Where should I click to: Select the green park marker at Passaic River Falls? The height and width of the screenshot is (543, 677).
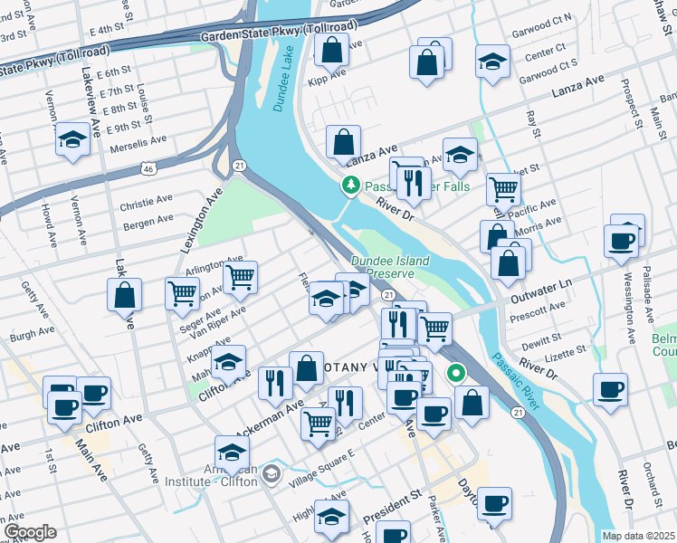tap(349, 186)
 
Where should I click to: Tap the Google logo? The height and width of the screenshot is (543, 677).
tap(29, 532)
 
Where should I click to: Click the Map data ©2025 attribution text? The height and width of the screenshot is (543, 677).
tap(638, 536)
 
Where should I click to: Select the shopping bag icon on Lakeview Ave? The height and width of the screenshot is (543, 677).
tap(124, 295)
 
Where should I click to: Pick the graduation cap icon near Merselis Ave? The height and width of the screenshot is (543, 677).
tap(72, 141)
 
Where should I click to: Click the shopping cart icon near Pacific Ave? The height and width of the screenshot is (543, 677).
tap(504, 189)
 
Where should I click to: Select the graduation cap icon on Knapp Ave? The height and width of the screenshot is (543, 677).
tap(229, 362)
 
